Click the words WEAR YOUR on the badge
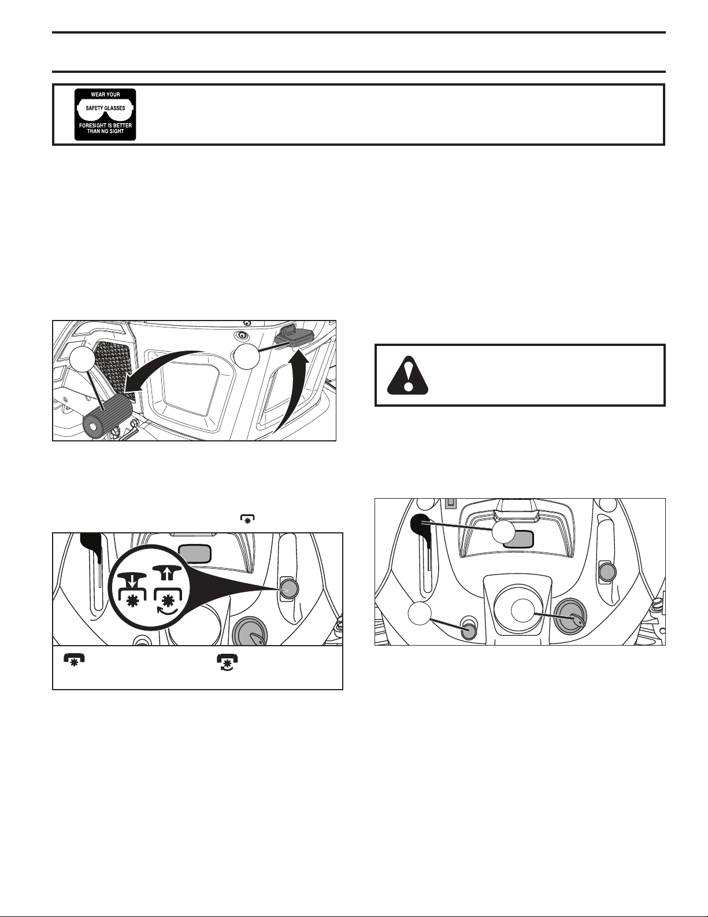point(105,94)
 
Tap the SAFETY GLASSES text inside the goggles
point(105,108)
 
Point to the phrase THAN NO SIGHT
point(105,131)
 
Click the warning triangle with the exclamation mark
point(407,375)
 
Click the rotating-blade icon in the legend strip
point(228,662)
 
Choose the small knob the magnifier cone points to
point(288,588)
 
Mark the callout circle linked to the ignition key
point(523,610)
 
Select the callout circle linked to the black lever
point(503,533)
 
